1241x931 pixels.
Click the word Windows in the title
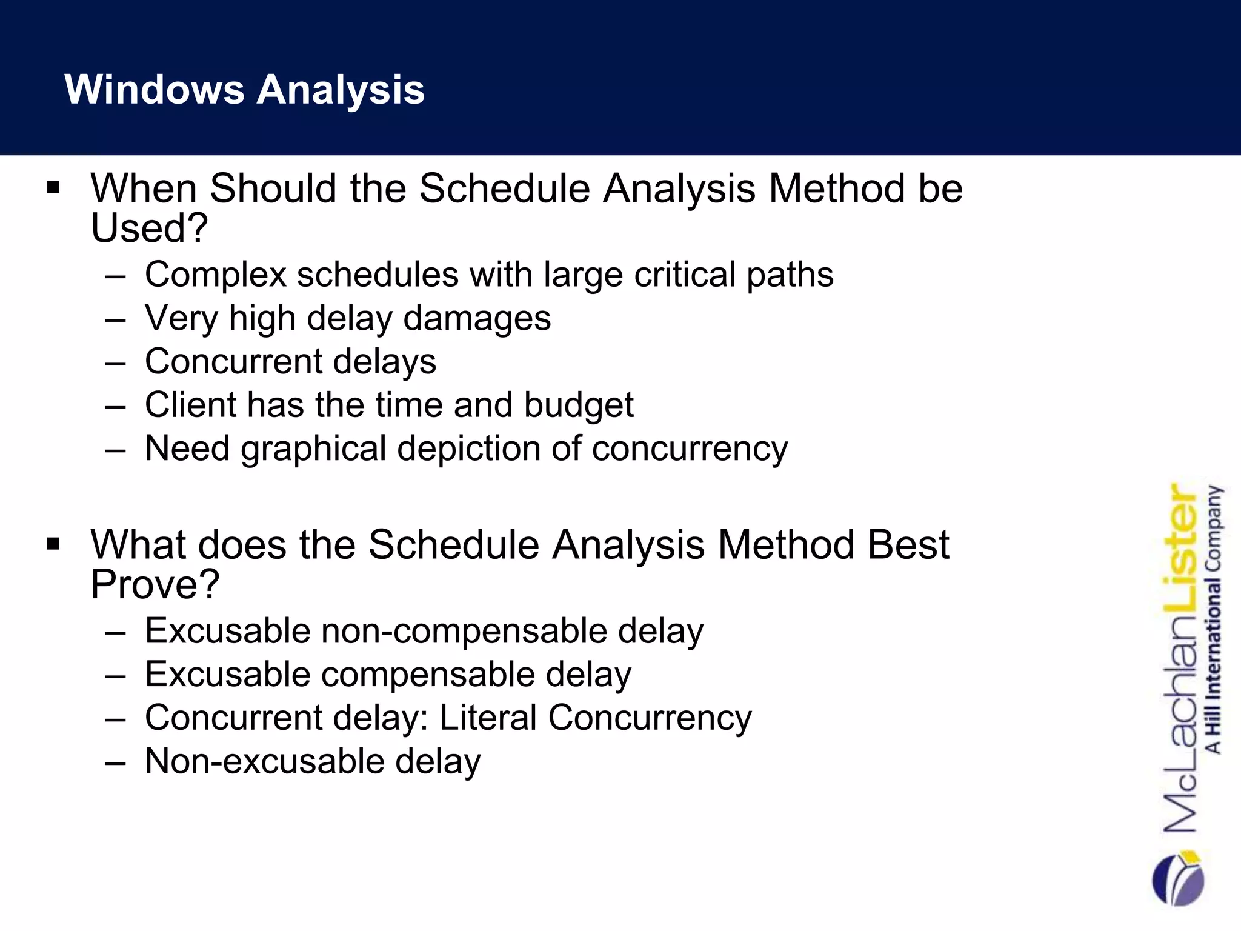point(154,90)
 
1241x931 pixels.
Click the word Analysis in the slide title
point(341,90)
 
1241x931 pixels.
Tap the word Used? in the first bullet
point(149,228)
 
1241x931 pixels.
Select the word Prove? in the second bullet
point(155,584)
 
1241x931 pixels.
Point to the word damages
point(477,318)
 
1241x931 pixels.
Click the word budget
point(578,405)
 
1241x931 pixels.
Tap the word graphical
point(313,449)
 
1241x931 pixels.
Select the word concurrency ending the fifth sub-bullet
point(690,449)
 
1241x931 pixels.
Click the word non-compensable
point(464,631)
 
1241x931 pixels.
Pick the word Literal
point(488,718)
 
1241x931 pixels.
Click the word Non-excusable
point(265,761)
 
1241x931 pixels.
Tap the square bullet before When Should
point(53,187)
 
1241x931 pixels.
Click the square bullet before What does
point(53,544)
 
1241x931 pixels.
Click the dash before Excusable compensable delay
point(115,675)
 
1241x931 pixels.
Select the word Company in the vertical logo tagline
point(1214,527)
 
